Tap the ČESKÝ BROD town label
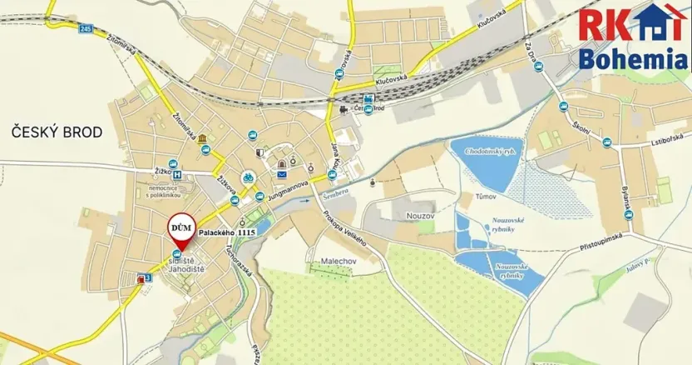(57, 132)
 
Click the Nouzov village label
(420, 216)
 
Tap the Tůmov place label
(485, 197)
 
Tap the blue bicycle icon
(247, 177)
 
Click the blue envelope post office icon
(281, 176)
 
